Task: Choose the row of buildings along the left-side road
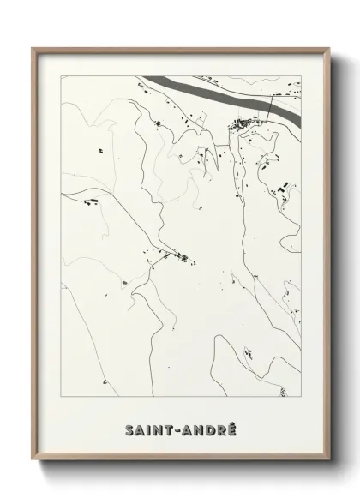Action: [x=91, y=203]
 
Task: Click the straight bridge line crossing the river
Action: [x=271, y=107]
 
